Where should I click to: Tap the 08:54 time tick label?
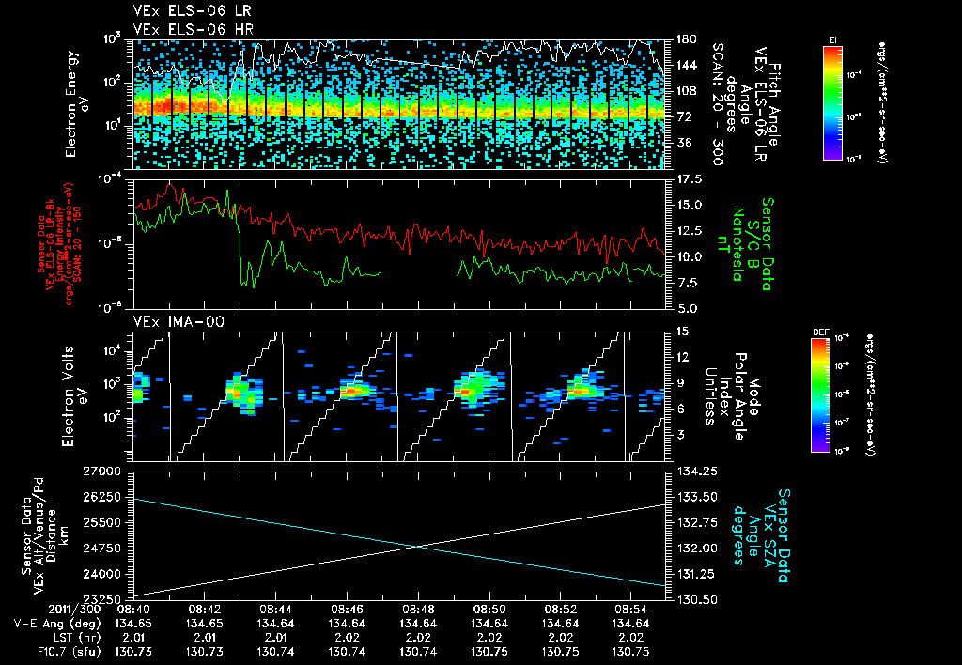coord(630,609)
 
